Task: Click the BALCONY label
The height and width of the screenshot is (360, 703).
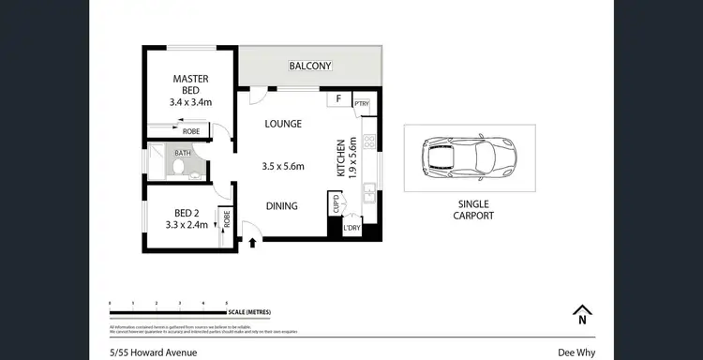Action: click(x=309, y=66)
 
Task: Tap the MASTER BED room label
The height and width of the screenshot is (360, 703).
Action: click(x=190, y=84)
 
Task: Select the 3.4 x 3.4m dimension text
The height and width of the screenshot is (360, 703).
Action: click(x=190, y=102)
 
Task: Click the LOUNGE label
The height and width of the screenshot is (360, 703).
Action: click(x=282, y=124)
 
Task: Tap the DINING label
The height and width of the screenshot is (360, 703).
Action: click(x=281, y=206)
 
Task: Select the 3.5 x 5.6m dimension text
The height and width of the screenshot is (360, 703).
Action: click(x=284, y=166)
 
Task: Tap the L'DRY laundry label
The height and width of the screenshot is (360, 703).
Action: click(x=352, y=228)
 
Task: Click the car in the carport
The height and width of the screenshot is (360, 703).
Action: click(x=470, y=157)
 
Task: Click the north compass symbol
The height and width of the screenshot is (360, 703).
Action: click(x=582, y=314)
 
